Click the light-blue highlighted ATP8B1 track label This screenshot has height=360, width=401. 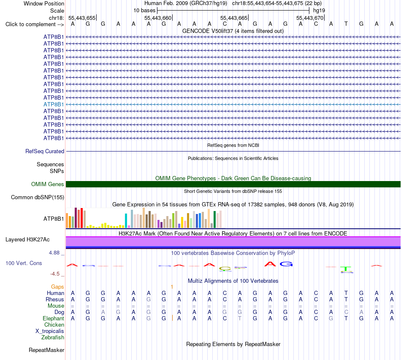coord(54,104)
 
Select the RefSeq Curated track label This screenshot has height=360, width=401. coord(45,151)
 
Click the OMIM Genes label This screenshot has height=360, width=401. coord(48,184)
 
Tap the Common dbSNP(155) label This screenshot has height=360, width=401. coord(38,197)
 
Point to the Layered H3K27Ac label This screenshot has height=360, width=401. coord(27,239)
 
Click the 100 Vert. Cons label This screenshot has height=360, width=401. coord(24,263)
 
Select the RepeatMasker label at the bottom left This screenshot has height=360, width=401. coord(46,350)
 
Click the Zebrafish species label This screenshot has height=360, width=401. coord(53,337)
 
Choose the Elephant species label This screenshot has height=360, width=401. coord(53,318)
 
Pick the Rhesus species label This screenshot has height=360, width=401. coord(55,299)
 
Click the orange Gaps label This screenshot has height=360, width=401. coord(57,287)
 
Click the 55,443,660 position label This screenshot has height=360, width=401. coord(158,18)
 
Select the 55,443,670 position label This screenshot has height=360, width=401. coord(310,18)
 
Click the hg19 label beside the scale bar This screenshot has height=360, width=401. coord(319,11)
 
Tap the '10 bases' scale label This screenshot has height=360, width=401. coord(144,11)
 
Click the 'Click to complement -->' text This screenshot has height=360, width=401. coord(35,24)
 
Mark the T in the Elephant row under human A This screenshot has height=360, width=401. coord(240,318)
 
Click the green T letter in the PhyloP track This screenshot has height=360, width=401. coord(346,269)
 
